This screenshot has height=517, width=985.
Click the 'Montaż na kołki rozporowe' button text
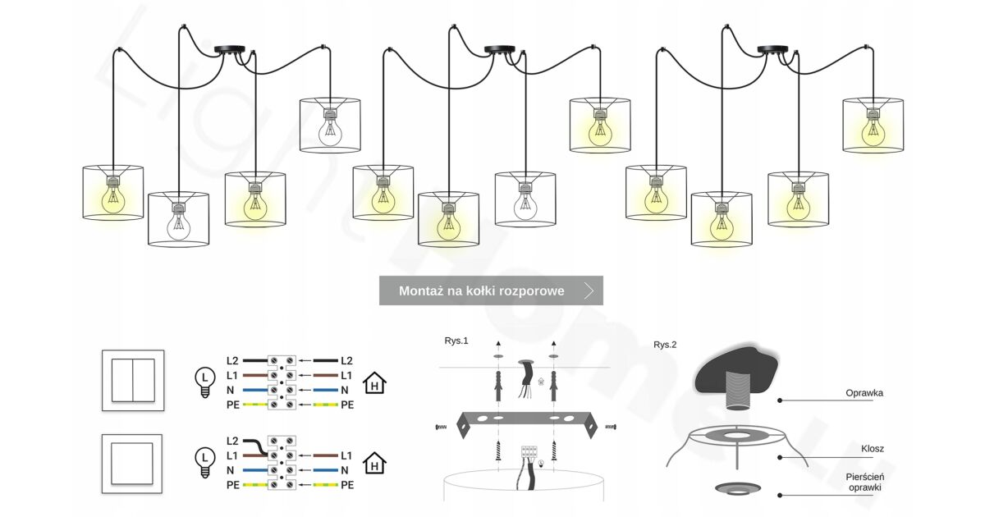(x=481, y=291)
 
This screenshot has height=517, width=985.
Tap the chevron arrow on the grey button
(x=589, y=291)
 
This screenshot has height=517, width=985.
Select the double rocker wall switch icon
(x=133, y=380)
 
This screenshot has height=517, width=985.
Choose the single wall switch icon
(x=132, y=464)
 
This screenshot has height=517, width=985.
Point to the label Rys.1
(x=456, y=340)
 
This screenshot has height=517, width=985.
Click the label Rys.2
(x=665, y=345)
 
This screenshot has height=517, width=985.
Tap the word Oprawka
(x=864, y=393)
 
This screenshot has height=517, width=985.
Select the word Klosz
(x=873, y=449)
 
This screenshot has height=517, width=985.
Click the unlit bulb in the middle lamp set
(x=525, y=205)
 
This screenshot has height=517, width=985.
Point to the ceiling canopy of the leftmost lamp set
(x=229, y=50)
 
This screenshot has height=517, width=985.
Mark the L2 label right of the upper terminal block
(x=346, y=360)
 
